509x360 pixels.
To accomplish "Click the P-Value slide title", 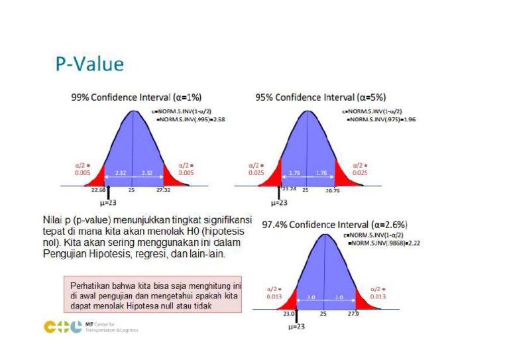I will pos(89,64).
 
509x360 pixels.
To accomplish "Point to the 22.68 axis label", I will pos(98,189).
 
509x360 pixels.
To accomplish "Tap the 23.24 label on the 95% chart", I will pos(288,189).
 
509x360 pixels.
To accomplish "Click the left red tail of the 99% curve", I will pos(98,179).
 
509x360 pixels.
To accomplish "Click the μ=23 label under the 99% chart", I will pos(107,202).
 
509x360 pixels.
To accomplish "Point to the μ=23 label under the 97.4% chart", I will pos(295,327).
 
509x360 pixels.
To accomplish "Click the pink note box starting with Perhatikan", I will pos(153,293).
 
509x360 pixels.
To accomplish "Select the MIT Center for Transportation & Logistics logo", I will pos(91,327).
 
